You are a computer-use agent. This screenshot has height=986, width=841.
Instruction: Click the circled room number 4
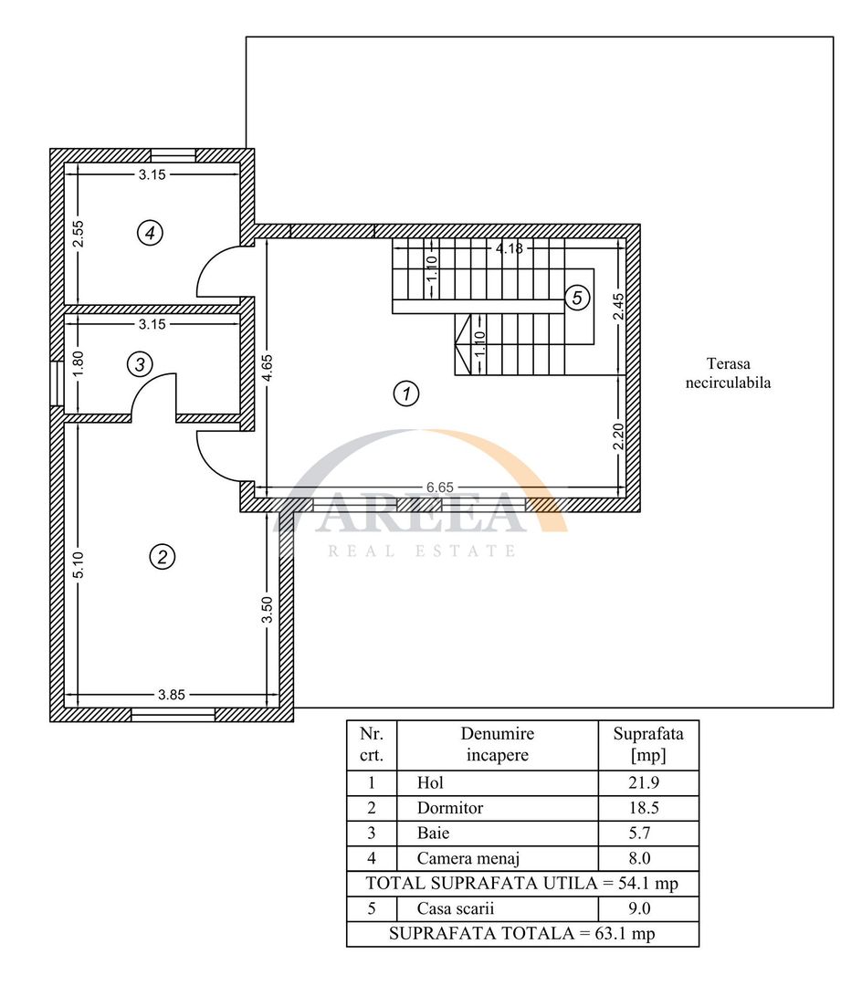(x=150, y=234)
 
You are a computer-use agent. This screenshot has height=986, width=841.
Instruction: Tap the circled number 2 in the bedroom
(x=163, y=557)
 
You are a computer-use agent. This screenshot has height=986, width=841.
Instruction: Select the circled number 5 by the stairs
(x=577, y=298)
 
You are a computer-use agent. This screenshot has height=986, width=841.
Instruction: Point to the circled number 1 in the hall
(x=406, y=393)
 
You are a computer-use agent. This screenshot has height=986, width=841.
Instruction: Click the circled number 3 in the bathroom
(x=140, y=364)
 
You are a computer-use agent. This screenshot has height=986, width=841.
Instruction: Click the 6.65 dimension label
(x=440, y=488)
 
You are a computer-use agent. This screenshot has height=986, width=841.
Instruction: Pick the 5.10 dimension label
(x=78, y=564)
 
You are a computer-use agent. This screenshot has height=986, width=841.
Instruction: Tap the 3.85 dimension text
(x=171, y=695)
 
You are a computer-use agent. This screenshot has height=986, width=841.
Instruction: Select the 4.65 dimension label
(x=268, y=368)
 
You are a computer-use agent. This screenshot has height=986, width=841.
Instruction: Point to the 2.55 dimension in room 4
(x=78, y=234)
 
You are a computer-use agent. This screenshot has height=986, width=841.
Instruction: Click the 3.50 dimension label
(x=268, y=610)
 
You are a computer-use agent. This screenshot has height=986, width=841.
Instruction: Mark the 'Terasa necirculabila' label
(x=729, y=372)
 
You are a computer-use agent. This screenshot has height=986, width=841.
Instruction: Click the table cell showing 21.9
(x=648, y=783)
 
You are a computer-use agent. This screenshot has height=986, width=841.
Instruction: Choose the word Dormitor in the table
(x=450, y=808)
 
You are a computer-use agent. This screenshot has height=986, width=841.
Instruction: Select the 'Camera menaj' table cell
(x=498, y=858)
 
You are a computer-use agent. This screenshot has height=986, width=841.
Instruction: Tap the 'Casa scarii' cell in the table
(x=498, y=908)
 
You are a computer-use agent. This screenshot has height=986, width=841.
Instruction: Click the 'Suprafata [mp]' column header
(x=648, y=745)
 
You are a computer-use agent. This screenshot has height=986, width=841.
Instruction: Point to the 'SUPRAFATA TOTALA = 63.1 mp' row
(x=522, y=934)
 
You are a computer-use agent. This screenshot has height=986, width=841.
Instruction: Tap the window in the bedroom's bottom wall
(x=173, y=714)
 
